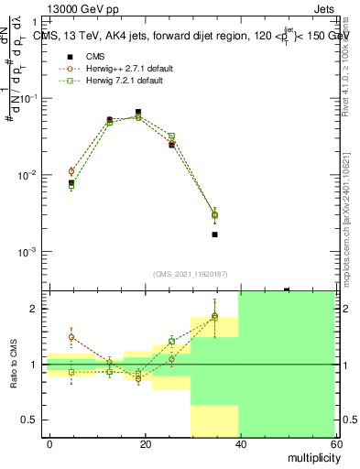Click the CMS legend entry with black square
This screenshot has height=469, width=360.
94,56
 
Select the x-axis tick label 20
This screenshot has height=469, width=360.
145,442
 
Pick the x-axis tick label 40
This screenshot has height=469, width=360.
240,442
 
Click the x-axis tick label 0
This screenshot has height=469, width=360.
49,442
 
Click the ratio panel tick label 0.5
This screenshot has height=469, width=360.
29,420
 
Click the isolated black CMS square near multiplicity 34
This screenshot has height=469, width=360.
214,234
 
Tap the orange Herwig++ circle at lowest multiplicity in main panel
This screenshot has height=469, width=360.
71,171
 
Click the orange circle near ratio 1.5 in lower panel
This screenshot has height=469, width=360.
71,337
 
